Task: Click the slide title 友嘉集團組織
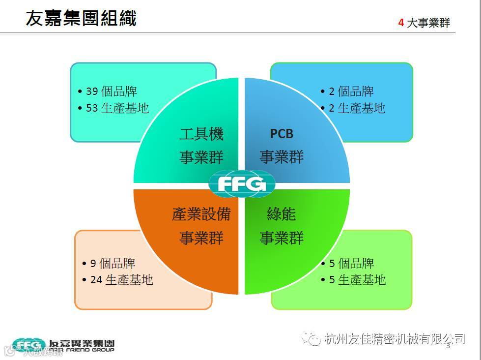[81, 18]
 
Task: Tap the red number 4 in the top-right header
[401, 23]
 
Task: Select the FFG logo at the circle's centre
[242, 183]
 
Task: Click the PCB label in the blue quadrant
[282, 133]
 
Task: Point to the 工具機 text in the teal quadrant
[201, 134]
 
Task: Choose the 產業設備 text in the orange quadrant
[201, 214]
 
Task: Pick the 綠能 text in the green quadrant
[282, 214]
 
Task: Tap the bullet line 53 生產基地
[117, 108]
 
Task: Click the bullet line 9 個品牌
[113, 264]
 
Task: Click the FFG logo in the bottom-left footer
[29, 344]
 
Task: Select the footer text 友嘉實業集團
[82, 343]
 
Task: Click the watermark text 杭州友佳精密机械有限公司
[395, 338]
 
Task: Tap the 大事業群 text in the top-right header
[428, 23]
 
